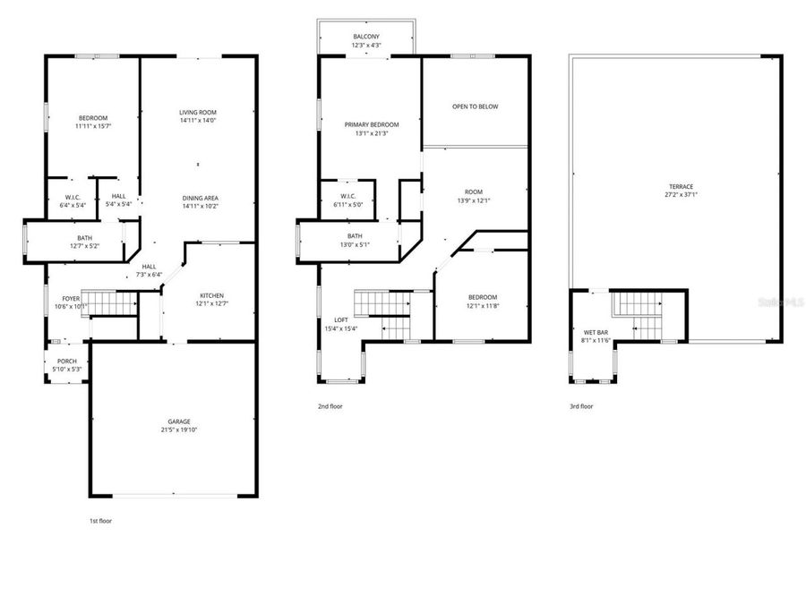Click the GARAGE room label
point(179,421)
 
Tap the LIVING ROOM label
point(199,112)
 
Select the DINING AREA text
point(199,198)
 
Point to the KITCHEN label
point(212,296)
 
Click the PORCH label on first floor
point(67,362)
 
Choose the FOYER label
point(70,298)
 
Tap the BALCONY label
point(365,37)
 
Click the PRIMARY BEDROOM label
point(372,124)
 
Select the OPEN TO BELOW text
point(475,106)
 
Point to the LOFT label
point(341,320)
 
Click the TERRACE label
point(681,186)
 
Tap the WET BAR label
point(584,333)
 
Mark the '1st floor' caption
point(100,520)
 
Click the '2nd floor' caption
point(330,406)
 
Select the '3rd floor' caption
point(581,406)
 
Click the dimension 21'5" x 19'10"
point(179,430)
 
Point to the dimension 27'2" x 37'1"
point(681,194)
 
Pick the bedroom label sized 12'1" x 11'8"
point(482,297)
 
